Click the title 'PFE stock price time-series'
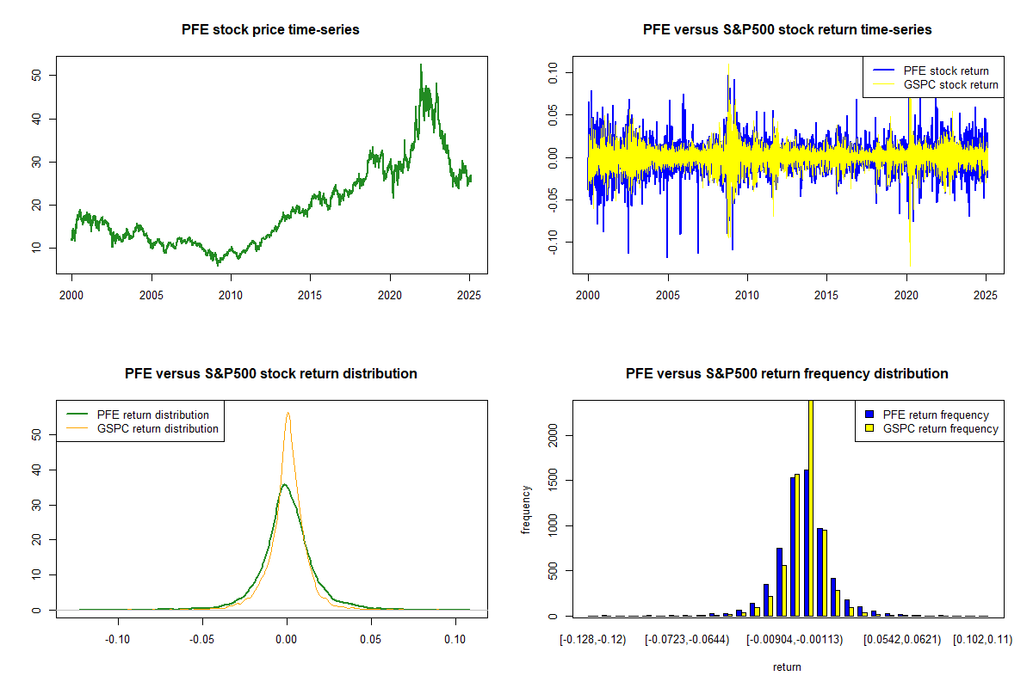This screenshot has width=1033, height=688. click(270, 30)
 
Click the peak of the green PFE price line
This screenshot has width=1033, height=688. click(421, 64)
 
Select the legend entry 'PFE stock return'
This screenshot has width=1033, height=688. click(945, 71)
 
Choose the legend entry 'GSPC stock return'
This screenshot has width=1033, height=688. click(950, 84)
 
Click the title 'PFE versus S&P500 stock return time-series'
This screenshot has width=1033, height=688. click(787, 30)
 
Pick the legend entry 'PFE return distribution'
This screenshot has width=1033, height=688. click(153, 415)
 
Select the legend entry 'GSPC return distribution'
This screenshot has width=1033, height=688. click(158, 428)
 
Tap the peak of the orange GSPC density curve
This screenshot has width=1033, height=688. click(288, 413)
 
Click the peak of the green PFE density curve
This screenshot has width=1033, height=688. click(284, 484)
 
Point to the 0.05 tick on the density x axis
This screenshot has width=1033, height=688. click(371, 639)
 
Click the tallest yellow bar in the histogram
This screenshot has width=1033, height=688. click(811, 507)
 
